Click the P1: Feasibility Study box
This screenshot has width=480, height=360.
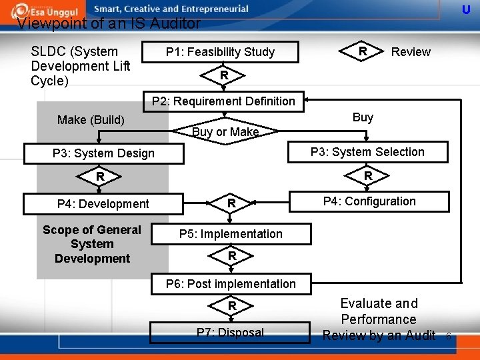point(220,52)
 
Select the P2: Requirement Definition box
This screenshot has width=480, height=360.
point(223,101)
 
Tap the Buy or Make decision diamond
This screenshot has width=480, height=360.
point(225,131)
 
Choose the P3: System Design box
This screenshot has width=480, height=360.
point(103,153)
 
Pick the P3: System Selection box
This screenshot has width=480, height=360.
point(367,152)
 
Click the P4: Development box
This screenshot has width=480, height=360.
point(103,204)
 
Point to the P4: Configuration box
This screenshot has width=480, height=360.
point(369,201)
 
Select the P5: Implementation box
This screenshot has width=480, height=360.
point(231,234)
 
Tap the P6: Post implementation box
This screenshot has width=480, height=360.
point(231,284)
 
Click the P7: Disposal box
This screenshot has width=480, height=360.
point(230,332)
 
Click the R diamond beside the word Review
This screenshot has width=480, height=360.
point(363,51)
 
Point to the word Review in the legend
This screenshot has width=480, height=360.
point(411,52)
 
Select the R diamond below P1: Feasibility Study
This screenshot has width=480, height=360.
point(225,76)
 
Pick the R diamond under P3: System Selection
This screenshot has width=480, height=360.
point(367,176)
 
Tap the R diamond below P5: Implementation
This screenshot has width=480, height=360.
point(231,256)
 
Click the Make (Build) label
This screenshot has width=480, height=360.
point(91,120)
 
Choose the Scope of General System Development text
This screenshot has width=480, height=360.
point(92,244)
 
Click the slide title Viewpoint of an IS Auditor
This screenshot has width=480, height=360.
point(109,24)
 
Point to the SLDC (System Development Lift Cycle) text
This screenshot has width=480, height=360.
point(80,66)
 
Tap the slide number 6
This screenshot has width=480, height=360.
point(449,336)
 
